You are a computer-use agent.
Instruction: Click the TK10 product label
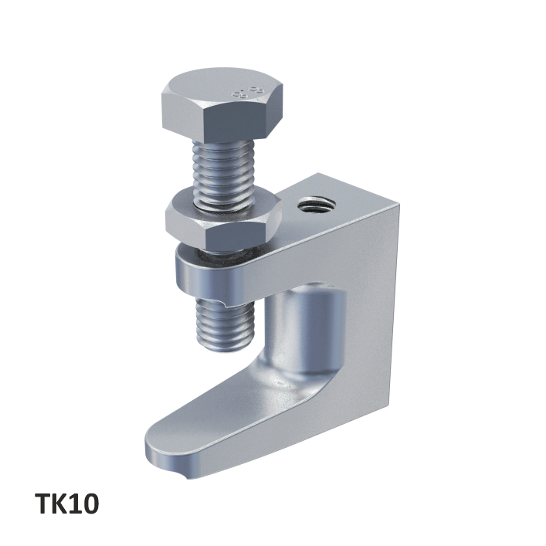coord(66,504)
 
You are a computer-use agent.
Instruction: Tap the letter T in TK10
coord(44,504)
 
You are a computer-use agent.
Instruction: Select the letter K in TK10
coord(63,504)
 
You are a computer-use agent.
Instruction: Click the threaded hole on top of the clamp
coord(317,206)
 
